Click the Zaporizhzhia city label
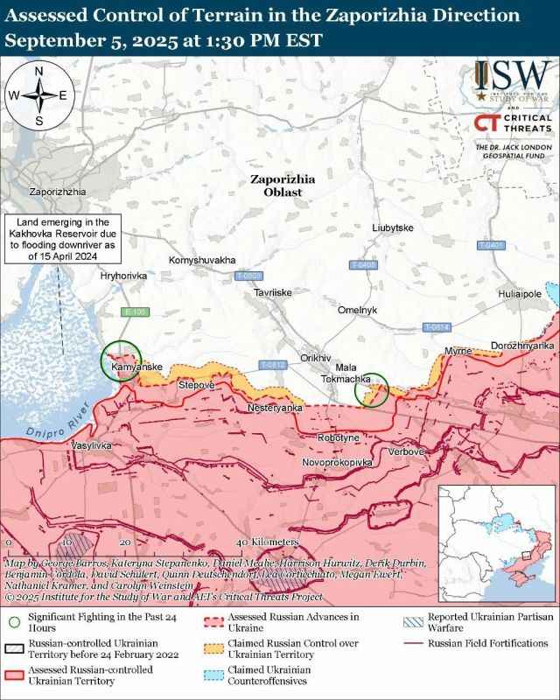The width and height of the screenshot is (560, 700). click(x=57, y=191)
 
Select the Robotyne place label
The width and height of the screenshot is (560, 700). click(x=338, y=437)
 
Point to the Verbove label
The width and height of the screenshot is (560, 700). click(x=405, y=451)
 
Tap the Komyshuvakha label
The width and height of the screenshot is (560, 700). click(x=201, y=261)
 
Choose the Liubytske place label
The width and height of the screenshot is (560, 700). click(x=392, y=228)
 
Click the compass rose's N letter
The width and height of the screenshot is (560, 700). click(x=39, y=73)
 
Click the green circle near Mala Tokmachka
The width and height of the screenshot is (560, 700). click(x=371, y=390)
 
